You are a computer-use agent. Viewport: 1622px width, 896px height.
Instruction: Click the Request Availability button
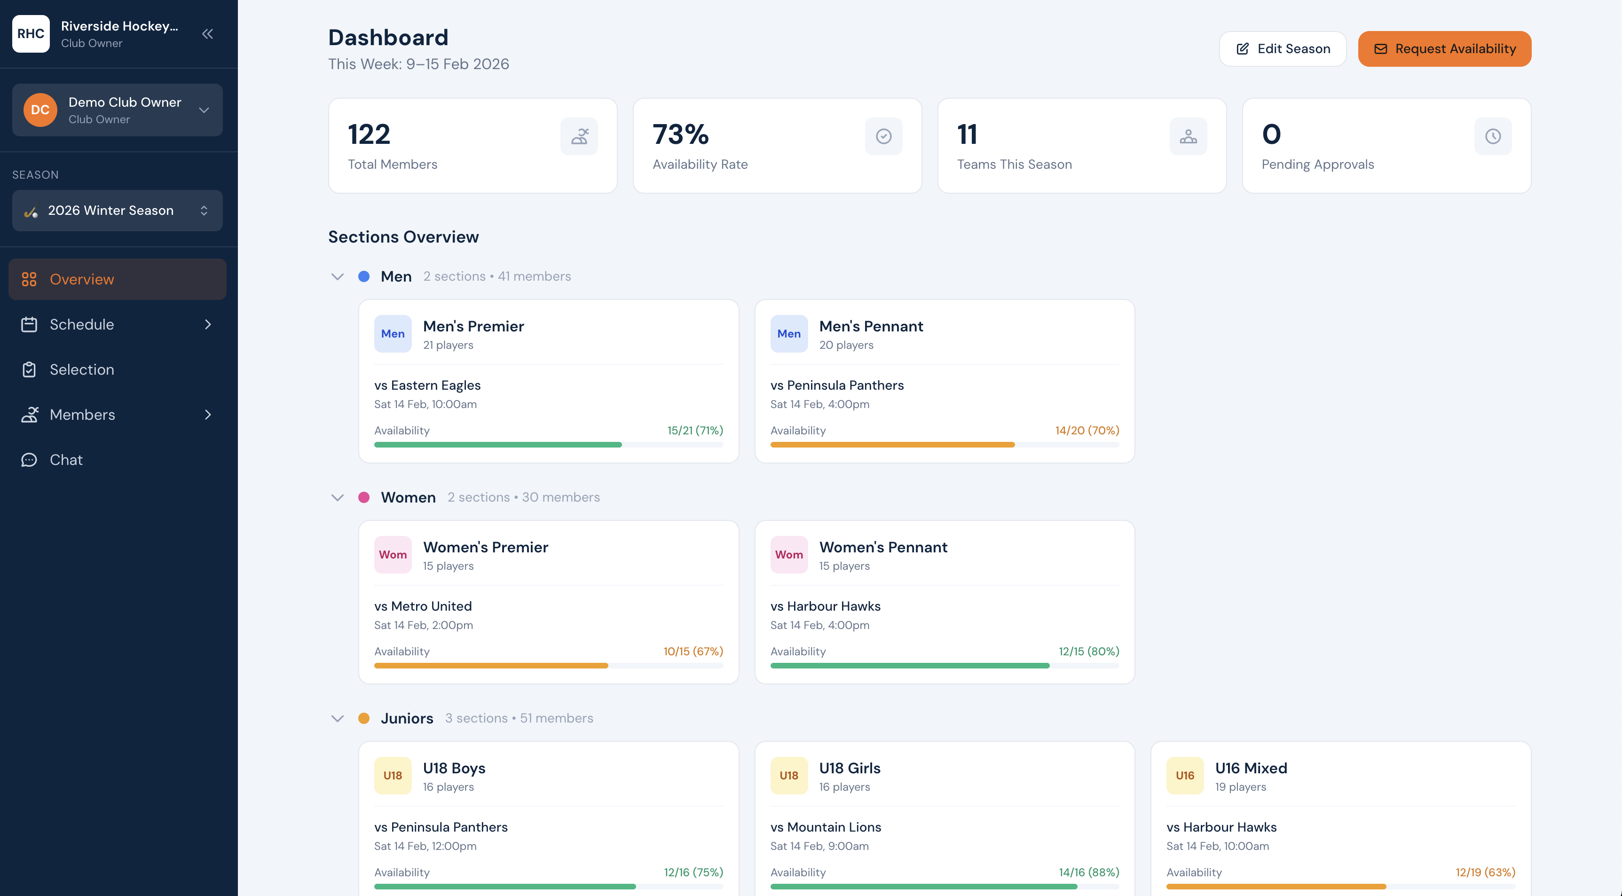(1444, 48)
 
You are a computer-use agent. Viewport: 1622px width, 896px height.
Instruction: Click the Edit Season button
(1282, 48)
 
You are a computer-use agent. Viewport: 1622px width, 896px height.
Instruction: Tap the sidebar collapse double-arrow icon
(207, 34)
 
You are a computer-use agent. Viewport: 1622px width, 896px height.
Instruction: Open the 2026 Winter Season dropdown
(117, 210)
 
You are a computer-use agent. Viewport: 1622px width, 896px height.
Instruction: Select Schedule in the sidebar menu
(82, 324)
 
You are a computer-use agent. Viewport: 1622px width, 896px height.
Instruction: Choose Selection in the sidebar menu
(82, 369)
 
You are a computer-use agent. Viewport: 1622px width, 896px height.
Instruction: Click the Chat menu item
(66, 460)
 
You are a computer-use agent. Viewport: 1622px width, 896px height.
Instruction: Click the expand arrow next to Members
(208, 414)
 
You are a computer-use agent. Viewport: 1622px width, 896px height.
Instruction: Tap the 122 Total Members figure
(369, 134)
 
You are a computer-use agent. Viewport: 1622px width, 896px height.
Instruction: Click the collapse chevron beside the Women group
(338, 497)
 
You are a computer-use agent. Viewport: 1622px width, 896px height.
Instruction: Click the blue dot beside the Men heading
(364, 276)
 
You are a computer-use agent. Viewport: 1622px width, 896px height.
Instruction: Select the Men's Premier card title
(473, 326)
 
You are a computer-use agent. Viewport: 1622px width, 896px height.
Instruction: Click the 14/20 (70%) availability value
(1087, 431)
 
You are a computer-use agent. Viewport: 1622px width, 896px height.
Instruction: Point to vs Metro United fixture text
(423, 606)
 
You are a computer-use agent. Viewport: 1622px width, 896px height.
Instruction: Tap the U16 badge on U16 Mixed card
(1184, 775)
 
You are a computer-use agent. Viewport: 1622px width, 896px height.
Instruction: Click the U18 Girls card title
(850, 768)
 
